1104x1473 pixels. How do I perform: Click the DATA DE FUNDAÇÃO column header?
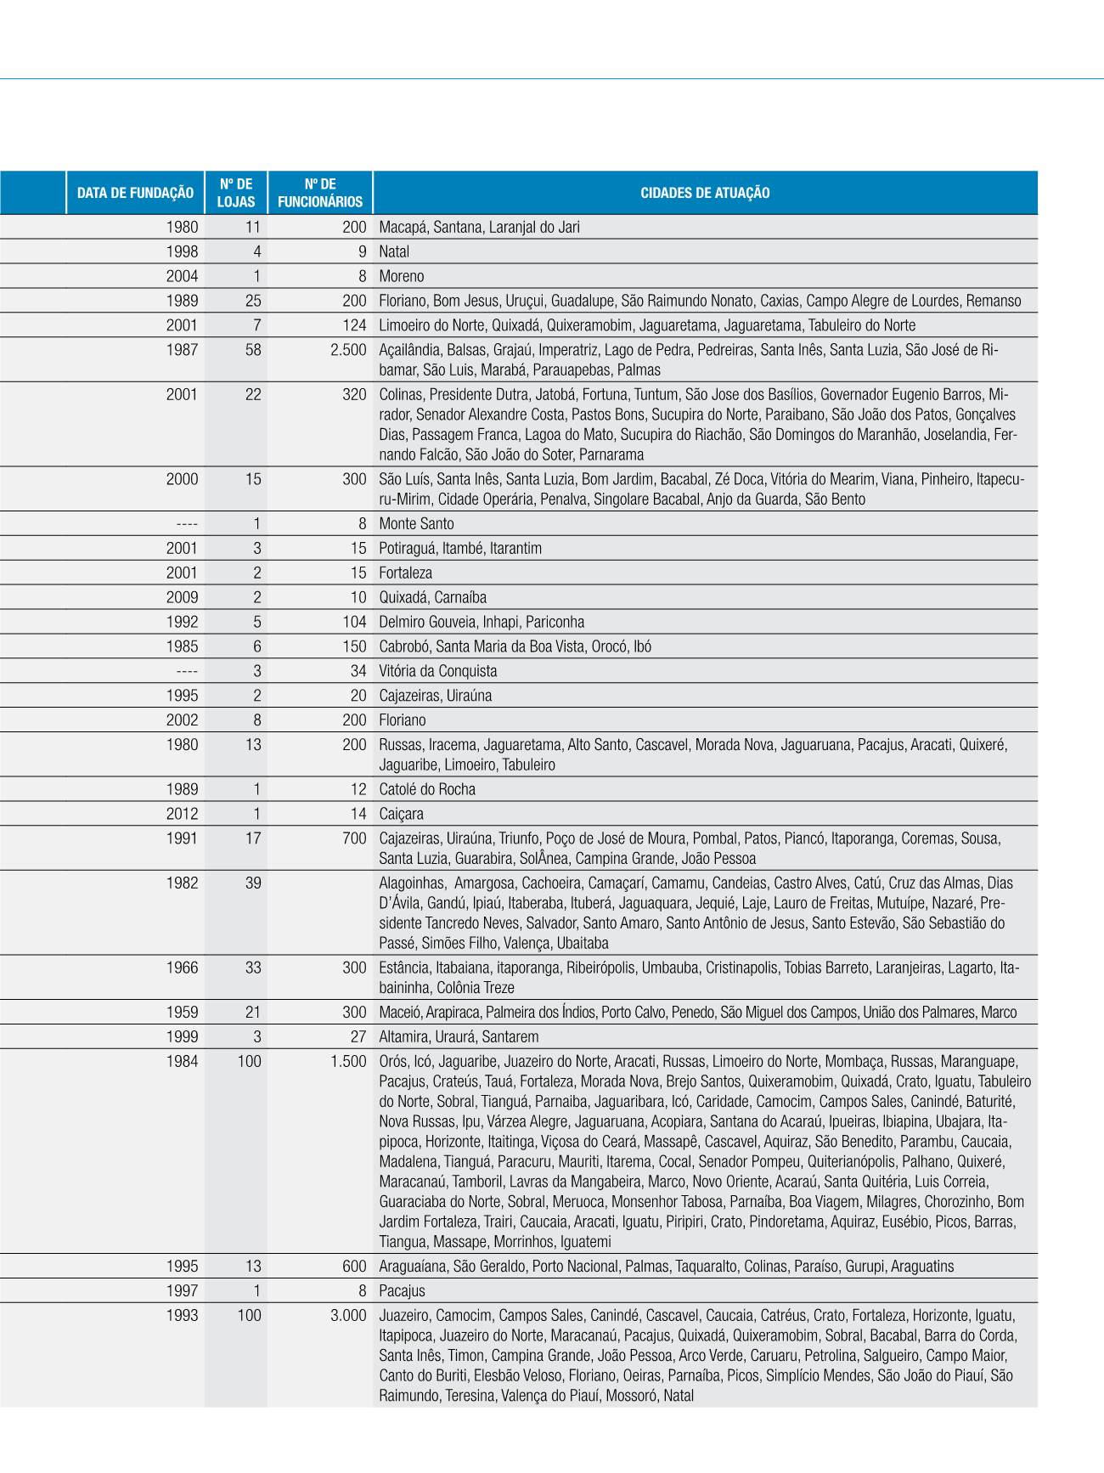tap(135, 193)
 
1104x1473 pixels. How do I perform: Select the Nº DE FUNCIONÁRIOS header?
tap(320, 193)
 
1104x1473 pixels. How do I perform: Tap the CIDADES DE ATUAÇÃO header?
tap(705, 193)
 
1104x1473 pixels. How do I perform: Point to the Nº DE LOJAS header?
tap(236, 193)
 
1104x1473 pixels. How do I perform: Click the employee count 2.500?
tap(348, 350)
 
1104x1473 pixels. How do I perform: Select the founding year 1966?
tap(182, 968)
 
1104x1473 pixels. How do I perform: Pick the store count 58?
tap(253, 350)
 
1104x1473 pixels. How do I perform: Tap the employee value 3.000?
tap(348, 1315)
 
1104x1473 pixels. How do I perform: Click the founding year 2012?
tap(182, 814)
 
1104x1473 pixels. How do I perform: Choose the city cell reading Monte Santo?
tap(416, 524)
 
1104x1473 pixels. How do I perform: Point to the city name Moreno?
tap(402, 276)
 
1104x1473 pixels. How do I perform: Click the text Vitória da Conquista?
tap(438, 671)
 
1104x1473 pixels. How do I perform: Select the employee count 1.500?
tap(348, 1061)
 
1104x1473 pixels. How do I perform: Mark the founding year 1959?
tap(182, 1013)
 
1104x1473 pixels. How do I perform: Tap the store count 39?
tap(253, 883)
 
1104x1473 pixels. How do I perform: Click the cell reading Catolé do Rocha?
tap(427, 789)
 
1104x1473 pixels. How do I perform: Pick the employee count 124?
tap(354, 325)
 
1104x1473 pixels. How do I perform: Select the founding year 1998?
tap(182, 251)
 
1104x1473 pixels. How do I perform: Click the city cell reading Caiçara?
tap(401, 814)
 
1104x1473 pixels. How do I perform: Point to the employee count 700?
tap(354, 838)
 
